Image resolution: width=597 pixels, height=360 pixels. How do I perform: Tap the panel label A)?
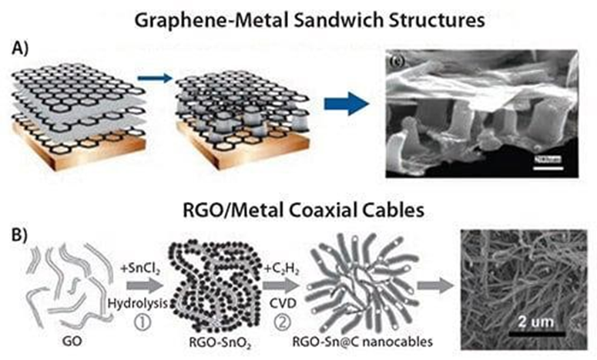[23, 45]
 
